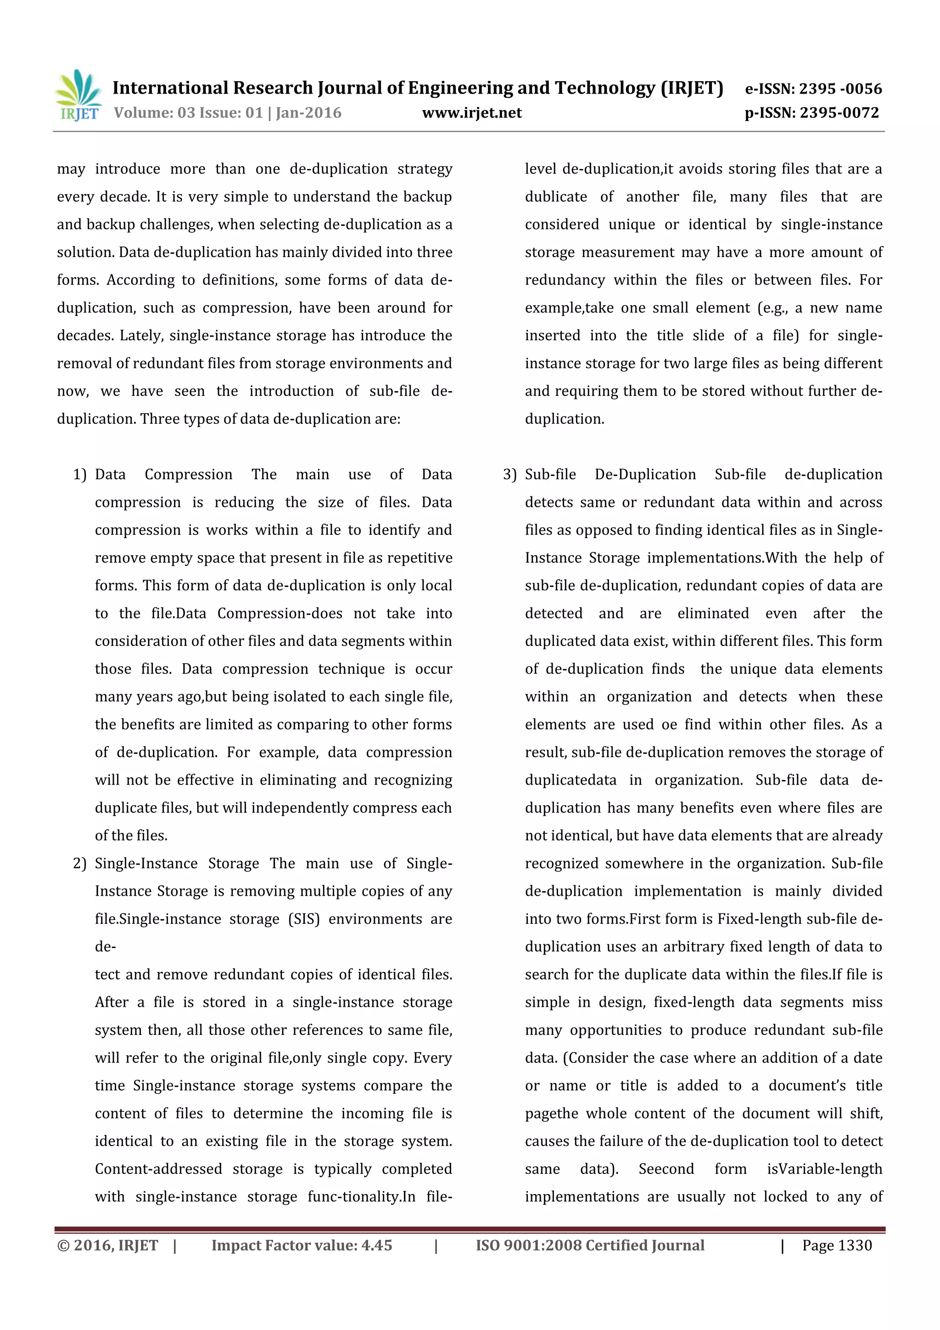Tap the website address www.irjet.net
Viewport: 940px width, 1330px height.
point(471,113)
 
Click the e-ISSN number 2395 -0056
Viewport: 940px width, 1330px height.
point(840,89)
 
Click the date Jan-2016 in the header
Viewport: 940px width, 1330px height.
point(308,113)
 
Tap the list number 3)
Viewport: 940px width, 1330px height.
point(509,474)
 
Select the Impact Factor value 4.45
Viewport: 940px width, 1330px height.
point(376,1245)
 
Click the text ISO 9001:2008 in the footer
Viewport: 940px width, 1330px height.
point(529,1245)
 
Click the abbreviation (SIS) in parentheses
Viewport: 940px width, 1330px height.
point(303,919)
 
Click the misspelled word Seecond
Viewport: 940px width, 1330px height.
point(666,1169)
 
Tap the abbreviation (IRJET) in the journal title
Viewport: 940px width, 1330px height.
point(692,88)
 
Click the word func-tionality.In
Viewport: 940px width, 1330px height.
point(361,1197)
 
